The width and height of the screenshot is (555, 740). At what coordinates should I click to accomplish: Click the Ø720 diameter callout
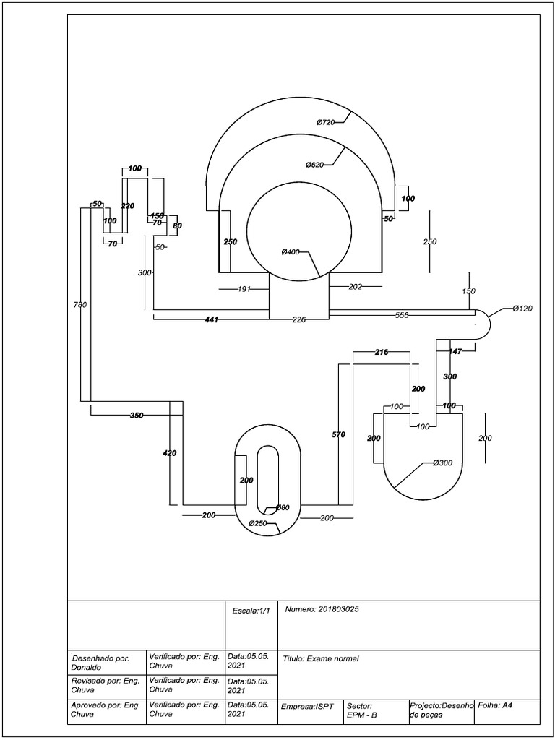[x=325, y=123]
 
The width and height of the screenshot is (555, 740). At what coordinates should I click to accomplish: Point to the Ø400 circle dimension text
[x=291, y=252]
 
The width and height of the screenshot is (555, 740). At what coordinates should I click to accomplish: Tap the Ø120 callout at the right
[x=522, y=309]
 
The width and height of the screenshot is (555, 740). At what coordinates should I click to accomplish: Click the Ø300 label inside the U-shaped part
[x=442, y=462]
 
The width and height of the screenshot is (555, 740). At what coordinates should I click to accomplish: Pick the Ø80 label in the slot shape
[x=282, y=508]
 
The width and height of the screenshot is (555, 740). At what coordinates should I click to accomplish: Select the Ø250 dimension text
[x=259, y=523]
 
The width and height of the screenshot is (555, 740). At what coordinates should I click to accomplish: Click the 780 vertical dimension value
[x=79, y=305]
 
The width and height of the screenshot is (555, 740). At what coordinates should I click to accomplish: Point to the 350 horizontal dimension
[x=137, y=416]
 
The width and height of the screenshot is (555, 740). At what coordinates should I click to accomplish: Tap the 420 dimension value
[x=169, y=453]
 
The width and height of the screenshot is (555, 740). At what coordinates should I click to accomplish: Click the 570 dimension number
[x=338, y=435]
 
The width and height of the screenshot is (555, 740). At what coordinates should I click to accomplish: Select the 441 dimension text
[x=211, y=319]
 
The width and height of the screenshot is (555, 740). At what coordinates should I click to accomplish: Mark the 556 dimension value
[x=403, y=316]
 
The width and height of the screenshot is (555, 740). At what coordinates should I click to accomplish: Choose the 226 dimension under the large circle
[x=299, y=319]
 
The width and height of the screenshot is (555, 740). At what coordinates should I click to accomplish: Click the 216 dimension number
[x=382, y=352]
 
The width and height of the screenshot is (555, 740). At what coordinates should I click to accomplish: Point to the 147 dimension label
[x=455, y=351]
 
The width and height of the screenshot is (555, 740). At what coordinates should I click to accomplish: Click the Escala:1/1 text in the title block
[x=251, y=611]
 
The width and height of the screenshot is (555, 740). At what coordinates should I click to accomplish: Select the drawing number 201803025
[x=322, y=609]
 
